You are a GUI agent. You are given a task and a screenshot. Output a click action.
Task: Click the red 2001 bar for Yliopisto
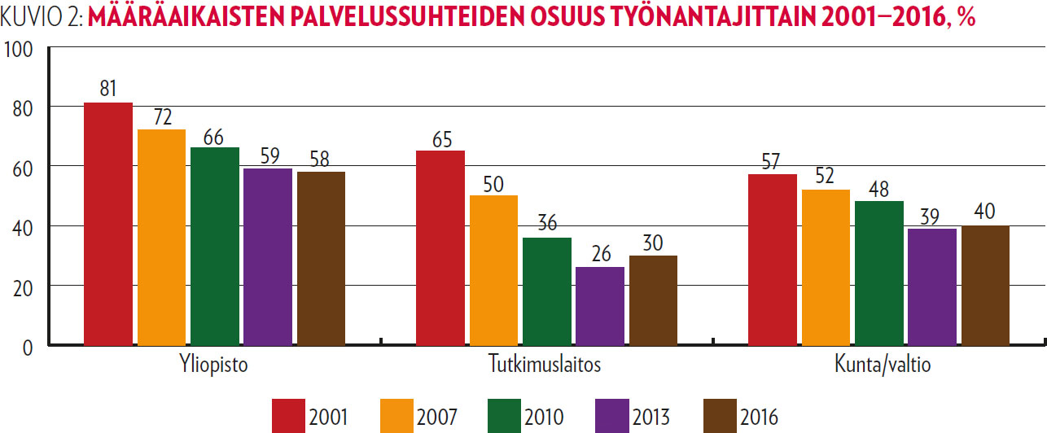pyautogui.click(x=108, y=224)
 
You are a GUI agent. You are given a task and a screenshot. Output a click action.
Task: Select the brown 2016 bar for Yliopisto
pyautogui.click(x=321, y=258)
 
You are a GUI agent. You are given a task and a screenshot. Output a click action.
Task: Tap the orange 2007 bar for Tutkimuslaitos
pyautogui.click(x=493, y=270)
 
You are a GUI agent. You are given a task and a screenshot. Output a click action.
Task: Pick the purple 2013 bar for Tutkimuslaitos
pyautogui.click(x=600, y=306)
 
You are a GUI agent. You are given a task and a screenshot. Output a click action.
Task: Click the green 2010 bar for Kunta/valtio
pyautogui.click(x=879, y=273)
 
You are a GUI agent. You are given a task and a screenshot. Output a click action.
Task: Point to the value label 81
pyautogui.click(x=108, y=90)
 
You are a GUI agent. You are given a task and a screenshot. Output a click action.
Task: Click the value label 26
pyautogui.click(x=600, y=254)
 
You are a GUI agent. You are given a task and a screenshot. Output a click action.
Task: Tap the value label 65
pyautogui.click(x=440, y=138)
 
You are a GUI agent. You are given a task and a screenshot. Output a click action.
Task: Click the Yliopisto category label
pyautogui.click(x=214, y=365)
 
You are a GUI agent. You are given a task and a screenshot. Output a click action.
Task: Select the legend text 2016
pyautogui.click(x=760, y=418)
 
